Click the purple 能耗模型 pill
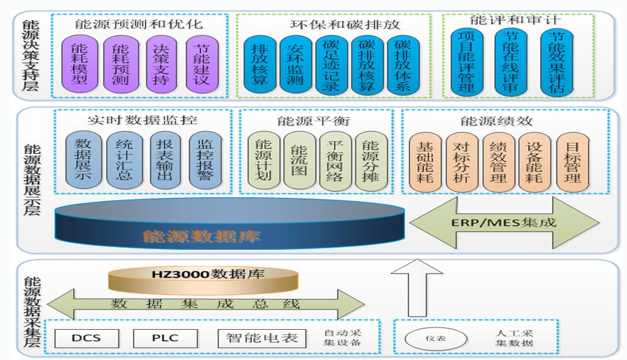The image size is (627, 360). point(79,64)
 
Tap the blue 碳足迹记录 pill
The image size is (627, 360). point(331,66)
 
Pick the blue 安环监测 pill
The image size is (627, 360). point(295,66)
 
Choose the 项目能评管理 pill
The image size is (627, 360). point(467,62)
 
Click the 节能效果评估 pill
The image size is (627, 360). point(556,62)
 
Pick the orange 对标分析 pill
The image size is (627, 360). point(462,161)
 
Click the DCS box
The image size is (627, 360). point(86,338)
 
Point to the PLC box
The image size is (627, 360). point(166,338)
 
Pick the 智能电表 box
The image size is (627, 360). point(262,338)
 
